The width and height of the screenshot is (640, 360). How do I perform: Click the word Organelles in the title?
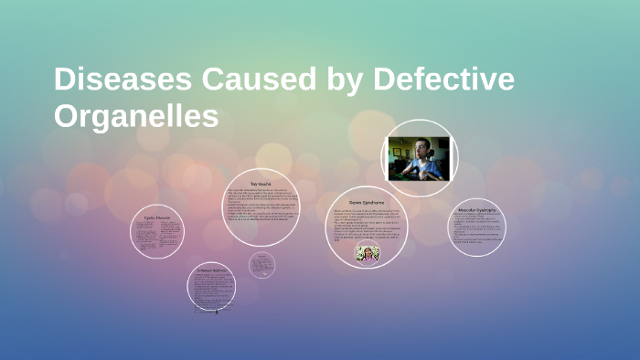[136, 117]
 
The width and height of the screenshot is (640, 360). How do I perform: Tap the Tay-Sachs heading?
[261, 184]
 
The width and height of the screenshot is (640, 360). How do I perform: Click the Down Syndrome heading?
[367, 201]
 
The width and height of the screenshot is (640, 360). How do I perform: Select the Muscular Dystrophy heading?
[476, 211]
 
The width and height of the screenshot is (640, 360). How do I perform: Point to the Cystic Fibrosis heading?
[157, 220]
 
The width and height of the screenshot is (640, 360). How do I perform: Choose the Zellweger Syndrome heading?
[211, 271]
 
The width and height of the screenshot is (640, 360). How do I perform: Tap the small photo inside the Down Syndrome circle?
[368, 252]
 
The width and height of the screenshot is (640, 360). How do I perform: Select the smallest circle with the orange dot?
[261, 265]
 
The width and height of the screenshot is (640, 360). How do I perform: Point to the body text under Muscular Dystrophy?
[477, 229]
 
